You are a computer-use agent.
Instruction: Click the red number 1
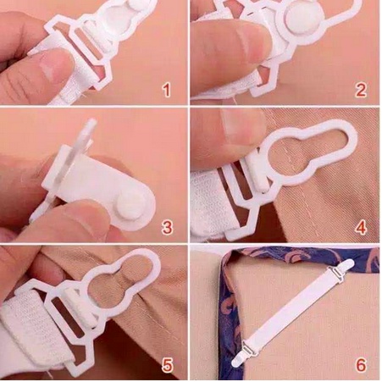click(x=167, y=89)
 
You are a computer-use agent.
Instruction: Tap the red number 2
click(x=360, y=89)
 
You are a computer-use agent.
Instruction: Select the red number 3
click(x=167, y=226)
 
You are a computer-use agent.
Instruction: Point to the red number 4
click(x=360, y=226)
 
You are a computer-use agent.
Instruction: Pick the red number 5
click(x=167, y=365)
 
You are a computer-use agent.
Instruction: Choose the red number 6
click(x=360, y=365)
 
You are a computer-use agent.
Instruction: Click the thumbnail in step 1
click(x=56, y=64)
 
